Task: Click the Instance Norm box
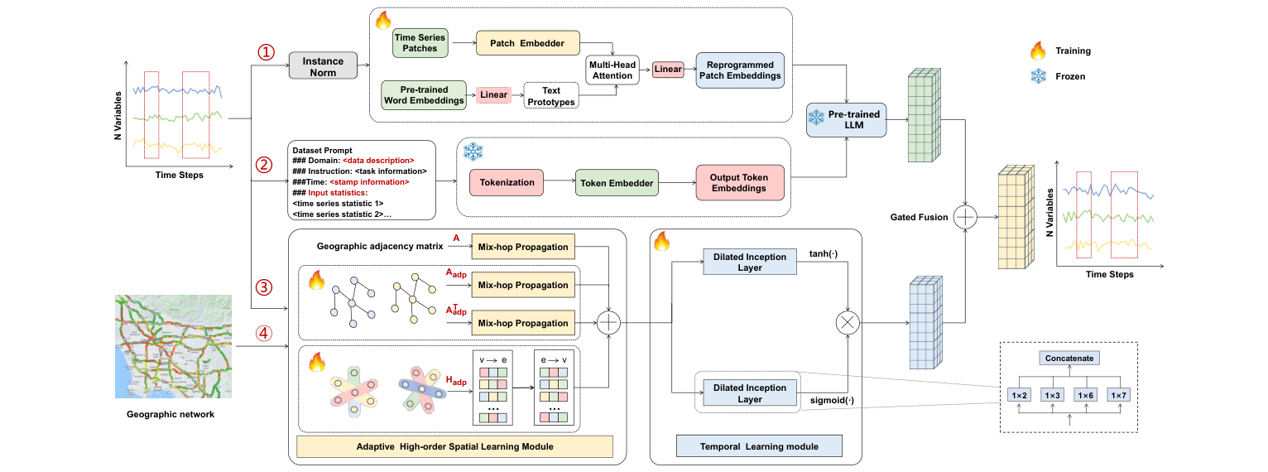click(x=323, y=66)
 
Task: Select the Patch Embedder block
click(x=528, y=44)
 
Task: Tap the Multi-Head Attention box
click(x=613, y=70)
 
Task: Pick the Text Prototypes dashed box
click(x=551, y=95)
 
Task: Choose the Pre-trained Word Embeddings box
click(x=424, y=95)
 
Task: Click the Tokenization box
click(x=502, y=182)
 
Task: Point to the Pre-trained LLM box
click(x=846, y=119)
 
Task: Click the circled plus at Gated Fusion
click(x=965, y=217)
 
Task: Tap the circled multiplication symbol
click(x=848, y=323)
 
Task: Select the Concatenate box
click(x=1069, y=359)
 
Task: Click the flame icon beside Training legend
click(x=1037, y=51)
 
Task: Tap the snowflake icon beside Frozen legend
click(x=1037, y=76)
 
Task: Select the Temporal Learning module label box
click(x=759, y=447)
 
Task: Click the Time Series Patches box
click(x=420, y=44)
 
